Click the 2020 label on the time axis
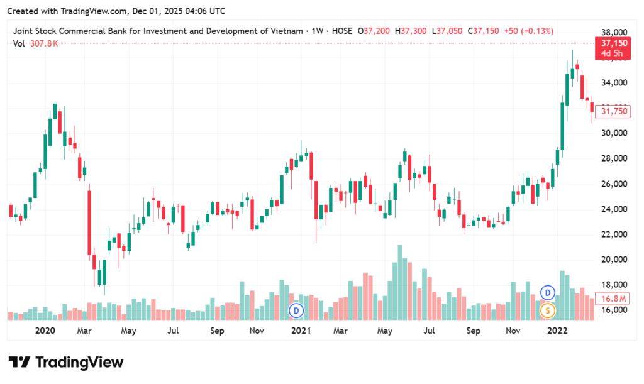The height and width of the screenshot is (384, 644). tap(45, 331)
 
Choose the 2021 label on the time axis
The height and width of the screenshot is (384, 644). tap(301, 331)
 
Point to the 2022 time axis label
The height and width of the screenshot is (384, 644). tap(557, 331)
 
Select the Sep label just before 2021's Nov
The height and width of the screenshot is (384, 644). tap(217, 331)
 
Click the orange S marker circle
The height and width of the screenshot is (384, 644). tap(548, 309)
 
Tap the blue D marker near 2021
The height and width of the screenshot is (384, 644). tap(296, 309)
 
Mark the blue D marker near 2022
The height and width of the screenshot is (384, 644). tap(548, 292)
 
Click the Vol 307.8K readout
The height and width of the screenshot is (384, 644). tap(36, 43)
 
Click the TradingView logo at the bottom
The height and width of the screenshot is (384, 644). tap(66, 363)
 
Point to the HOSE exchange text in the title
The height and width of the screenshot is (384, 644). tap(339, 30)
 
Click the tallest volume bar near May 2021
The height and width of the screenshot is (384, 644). tap(399, 283)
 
